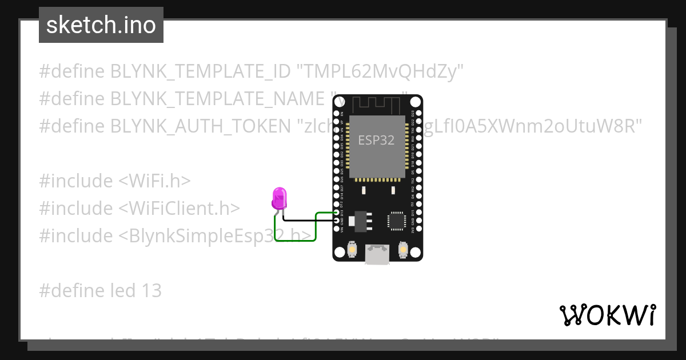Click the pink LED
point(280,198)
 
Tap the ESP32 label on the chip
point(376,140)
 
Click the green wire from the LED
point(295,241)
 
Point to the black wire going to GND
point(309,220)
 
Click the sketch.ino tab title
point(101,25)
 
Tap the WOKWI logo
point(607,315)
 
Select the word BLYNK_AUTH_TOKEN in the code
point(200,126)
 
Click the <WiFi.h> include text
point(154,181)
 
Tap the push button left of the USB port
point(352,250)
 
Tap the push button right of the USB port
point(403,250)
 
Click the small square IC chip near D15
point(397,221)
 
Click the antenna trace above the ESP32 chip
point(378,105)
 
